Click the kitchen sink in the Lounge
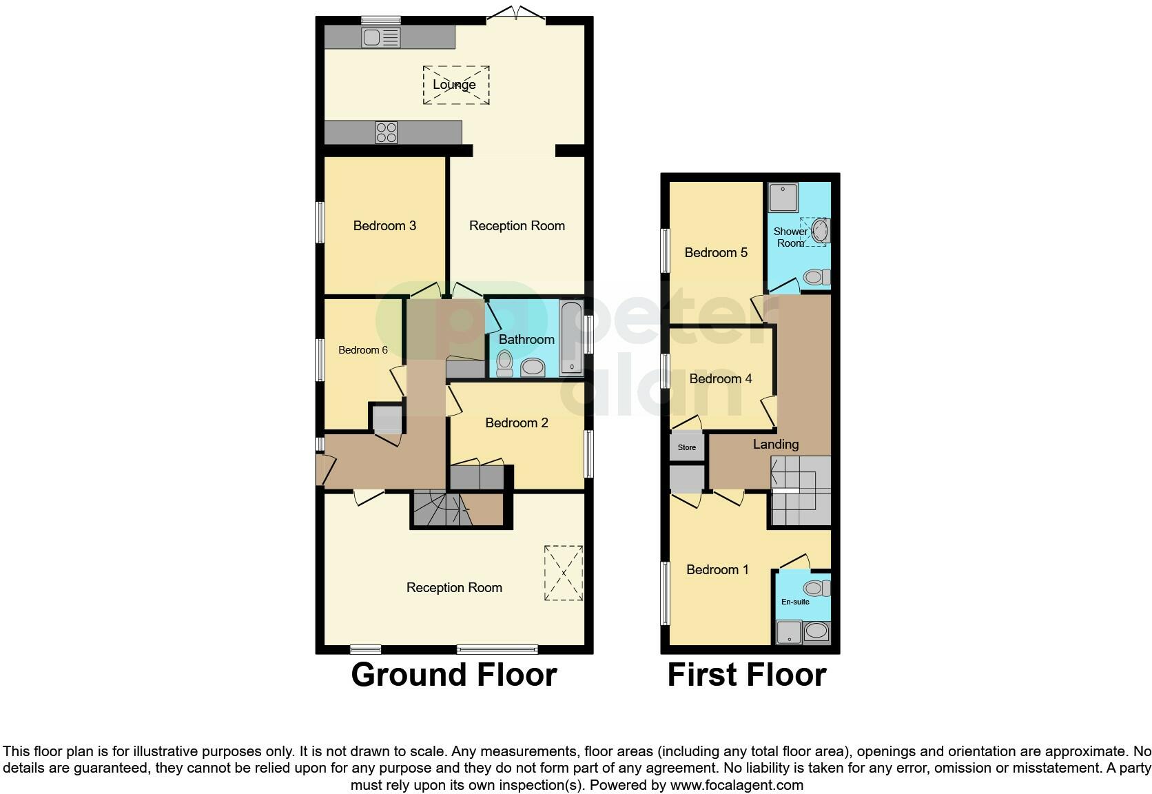pos(380,38)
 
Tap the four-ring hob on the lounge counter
pos(386,132)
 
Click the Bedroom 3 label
pos(384,225)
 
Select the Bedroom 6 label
pos(362,350)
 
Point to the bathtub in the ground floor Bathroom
pos(571,338)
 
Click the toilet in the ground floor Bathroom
pos(504,363)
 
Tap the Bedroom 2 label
pos(517,423)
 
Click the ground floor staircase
pos(441,509)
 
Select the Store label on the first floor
pos(686,447)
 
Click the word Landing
pos(775,445)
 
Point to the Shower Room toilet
pos(816,277)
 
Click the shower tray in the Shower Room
pos(783,197)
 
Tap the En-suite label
pos(795,602)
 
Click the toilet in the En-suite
pos(817,588)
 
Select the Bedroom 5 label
pos(716,252)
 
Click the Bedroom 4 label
pos(720,378)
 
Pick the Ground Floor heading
pos(453,675)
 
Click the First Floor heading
pos(746,675)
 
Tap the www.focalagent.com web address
pos(737,784)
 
